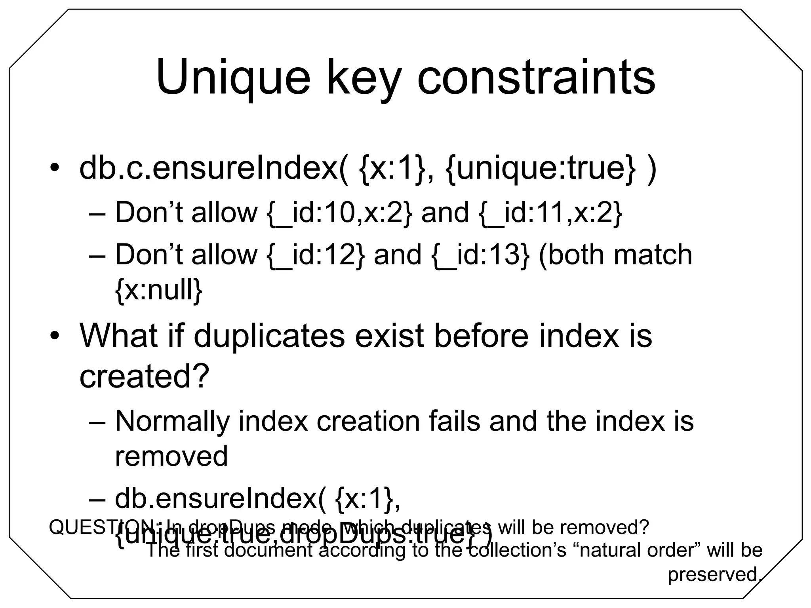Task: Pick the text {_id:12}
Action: coord(315,255)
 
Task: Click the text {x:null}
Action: coord(158,290)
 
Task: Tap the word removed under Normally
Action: coord(171,456)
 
